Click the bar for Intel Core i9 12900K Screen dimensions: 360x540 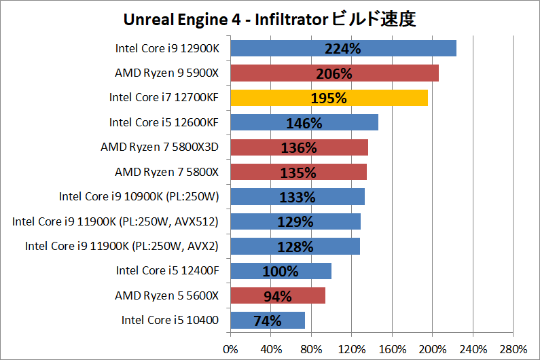343,48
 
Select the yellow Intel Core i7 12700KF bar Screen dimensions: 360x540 329,98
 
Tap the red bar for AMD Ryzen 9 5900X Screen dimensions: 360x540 334,73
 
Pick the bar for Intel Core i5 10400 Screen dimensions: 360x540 268,320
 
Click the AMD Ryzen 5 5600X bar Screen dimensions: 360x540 278,295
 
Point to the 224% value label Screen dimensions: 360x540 343,49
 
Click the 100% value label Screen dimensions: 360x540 281,271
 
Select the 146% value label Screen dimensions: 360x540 304,123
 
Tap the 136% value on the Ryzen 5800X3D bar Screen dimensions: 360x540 299,147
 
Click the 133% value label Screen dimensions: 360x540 298,197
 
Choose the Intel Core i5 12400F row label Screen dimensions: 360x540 167,271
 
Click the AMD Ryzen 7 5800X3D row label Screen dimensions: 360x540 160,147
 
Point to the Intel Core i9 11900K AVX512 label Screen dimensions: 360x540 115,221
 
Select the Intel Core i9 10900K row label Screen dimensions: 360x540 139,197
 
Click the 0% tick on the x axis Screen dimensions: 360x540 231,349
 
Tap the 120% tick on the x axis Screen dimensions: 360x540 351,349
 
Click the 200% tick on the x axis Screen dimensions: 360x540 432,349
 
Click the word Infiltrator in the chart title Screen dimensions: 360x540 288,20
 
